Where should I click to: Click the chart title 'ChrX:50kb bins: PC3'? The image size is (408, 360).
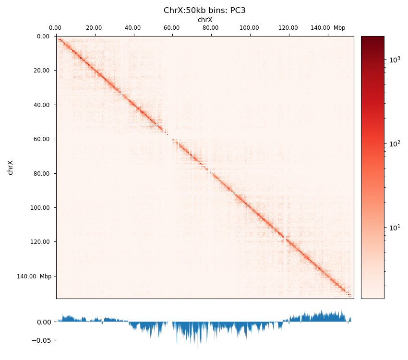coord(204,10)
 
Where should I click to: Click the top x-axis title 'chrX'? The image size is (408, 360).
coord(205,20)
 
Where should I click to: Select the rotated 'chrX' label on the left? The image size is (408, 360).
coord(10,168)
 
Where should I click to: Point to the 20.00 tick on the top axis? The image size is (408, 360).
coord(94,28)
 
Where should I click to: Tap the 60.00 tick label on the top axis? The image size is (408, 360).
coord(172,28)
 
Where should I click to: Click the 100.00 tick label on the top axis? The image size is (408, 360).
coord(249,28)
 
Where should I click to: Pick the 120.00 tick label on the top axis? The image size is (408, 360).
coord(288,28)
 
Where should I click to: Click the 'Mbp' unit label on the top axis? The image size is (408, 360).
coord(339,28)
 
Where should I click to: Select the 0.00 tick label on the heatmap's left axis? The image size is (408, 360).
coord(43,36)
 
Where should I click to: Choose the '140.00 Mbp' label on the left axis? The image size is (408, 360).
coord(34,276)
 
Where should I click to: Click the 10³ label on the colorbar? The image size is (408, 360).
coord(394,60)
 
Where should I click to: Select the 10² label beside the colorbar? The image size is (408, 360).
coord(394,143)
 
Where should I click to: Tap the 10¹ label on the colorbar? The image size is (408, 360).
coord(394,227)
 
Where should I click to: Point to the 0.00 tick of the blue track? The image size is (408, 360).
coord(44,322)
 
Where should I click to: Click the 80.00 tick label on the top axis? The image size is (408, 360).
coord(210,28)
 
